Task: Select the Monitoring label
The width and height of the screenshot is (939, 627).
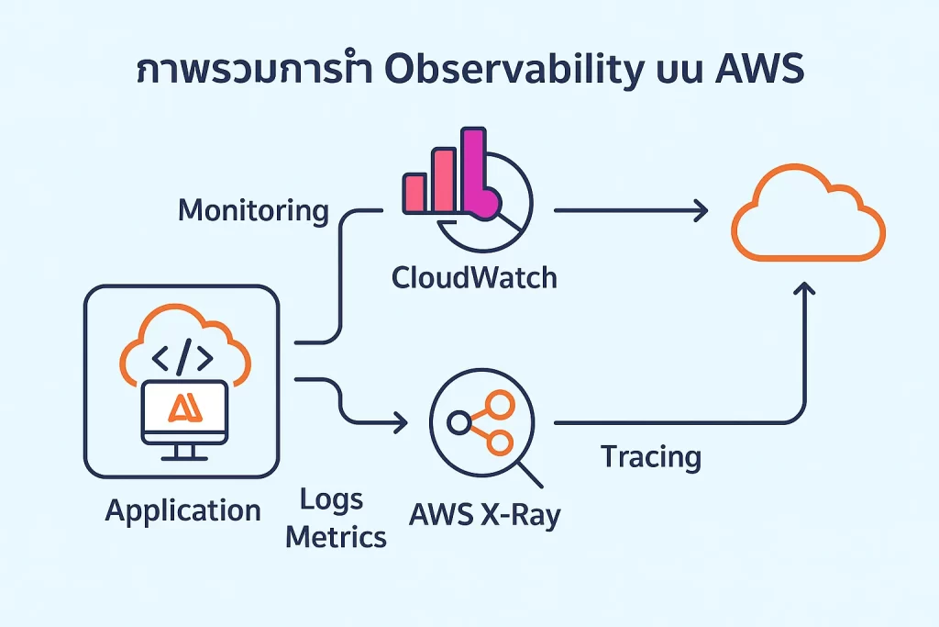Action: [253, 210]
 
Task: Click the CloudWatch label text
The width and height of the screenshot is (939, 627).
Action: [474, 276]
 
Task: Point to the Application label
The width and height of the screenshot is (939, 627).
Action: [182, 510]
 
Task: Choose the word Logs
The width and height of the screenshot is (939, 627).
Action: [331, 500]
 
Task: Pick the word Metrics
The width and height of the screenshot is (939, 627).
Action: [336, 537]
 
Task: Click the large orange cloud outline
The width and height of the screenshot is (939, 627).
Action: [808, 214]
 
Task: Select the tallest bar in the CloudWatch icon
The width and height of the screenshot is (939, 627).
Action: [473, 171]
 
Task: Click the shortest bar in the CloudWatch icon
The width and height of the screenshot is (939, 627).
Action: [414, 192]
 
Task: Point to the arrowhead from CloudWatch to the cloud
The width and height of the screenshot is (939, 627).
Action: [701, 211]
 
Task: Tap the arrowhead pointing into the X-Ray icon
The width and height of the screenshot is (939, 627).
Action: [401, 422]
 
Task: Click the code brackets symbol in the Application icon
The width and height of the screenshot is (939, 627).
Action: [181, 353]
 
